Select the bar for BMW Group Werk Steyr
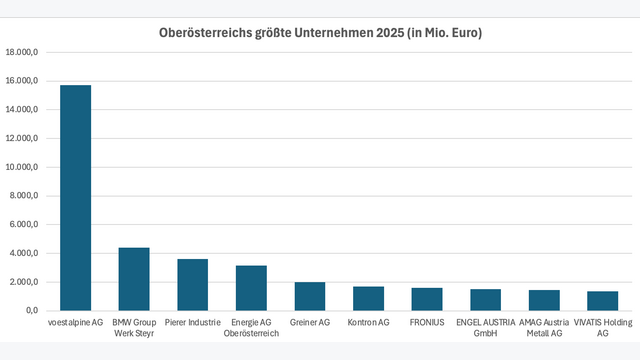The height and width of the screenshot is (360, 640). click(x=134, y=279)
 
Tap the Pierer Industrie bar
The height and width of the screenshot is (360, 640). click(x=193, y=285)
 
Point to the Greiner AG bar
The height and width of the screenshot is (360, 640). click(x=310, y=296)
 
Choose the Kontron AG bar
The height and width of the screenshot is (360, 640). click(x=368, y=298)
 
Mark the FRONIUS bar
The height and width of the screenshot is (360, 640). click(x=427, y=299)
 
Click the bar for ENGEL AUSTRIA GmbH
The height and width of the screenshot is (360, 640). click(x=485, y=300)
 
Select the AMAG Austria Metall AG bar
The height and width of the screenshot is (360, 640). click(x=544, y=300)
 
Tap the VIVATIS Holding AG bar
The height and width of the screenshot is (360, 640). click(x=602, y=301)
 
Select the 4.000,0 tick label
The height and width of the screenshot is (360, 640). click(x=23, y=253)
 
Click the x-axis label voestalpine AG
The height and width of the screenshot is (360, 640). click(x=76, y=323)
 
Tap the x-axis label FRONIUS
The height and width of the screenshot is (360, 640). click(x=427, y=323)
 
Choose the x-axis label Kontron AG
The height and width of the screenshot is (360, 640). click(x=368, y=323)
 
